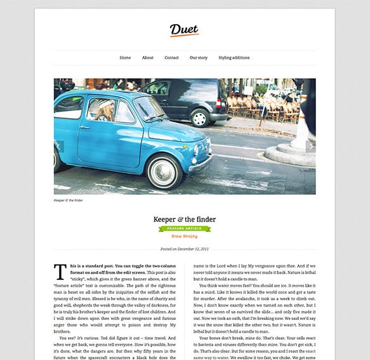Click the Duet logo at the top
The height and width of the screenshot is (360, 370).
click(x=184, y=30)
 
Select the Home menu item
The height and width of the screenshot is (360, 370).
click(x=125, y=58)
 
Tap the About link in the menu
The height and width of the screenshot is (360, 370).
click(x=148, y=58)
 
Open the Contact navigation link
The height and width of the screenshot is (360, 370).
click(x=171, y=58)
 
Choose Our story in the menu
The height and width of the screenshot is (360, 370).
click(x=199, y=58)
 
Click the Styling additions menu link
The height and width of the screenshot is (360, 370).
click(x=234, y=58)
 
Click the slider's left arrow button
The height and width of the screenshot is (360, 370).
click(x=59, y=147)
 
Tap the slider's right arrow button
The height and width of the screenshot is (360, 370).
click(x=310, y=147)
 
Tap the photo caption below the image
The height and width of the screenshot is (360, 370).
click(x=69, y=201)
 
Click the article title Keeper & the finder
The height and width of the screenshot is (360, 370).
click(x=185, y=219)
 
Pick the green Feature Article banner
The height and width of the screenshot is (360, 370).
click(x=185, y=229)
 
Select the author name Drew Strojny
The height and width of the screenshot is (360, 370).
click(x=185, y=236)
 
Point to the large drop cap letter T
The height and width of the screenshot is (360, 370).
click(x=60, y=271)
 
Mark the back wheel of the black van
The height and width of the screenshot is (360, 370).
click(x=201, y=117)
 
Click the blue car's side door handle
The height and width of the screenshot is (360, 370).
click(x=85, y=128)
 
